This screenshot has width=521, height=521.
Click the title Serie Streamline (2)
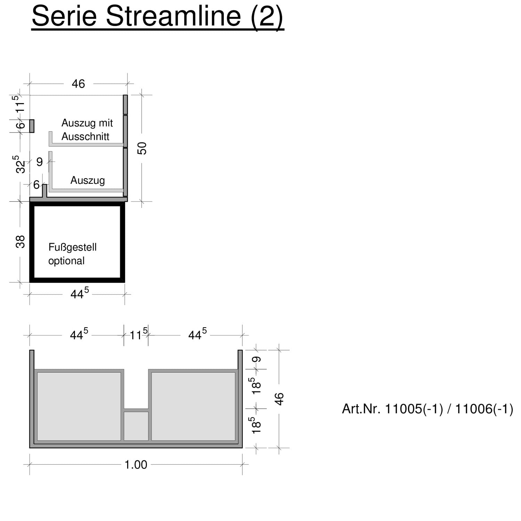coord(158,17)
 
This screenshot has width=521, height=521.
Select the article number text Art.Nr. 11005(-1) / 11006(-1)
coord(428,409)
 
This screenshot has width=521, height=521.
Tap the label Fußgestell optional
coord(72,254)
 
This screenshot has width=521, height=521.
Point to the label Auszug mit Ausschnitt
coord(87,130)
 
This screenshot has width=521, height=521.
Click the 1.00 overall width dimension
coord(136,465)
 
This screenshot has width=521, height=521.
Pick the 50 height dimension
coord(142,148)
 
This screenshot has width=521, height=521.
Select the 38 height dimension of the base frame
coord(20,242)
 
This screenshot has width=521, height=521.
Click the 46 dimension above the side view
coord(78,84)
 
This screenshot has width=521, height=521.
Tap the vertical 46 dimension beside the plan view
coord(279,399)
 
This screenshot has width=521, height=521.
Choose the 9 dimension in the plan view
coord(257,360)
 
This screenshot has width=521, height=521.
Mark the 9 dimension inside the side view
coord(40,162)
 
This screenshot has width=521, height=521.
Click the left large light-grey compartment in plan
coord(79,406)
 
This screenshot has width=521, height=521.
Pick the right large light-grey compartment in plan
coord(193,406)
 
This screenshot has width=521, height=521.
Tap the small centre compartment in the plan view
coord(136,426)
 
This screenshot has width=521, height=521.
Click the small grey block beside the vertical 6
coord(32,126)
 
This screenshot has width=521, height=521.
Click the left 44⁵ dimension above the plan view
coord(79,334)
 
